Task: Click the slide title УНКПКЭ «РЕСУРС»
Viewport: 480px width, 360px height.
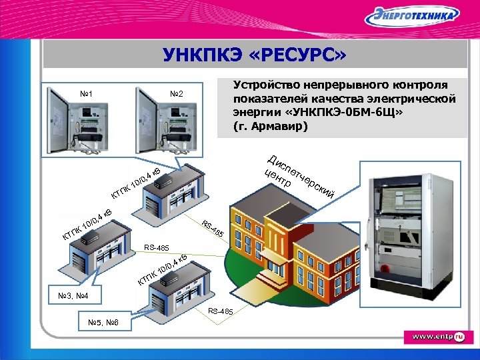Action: (255, 55)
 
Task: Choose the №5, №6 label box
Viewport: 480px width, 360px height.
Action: (103, 323)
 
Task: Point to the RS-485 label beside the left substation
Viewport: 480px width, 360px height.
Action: (157, 247)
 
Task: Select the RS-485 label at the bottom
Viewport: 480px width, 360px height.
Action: (221, 311)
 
